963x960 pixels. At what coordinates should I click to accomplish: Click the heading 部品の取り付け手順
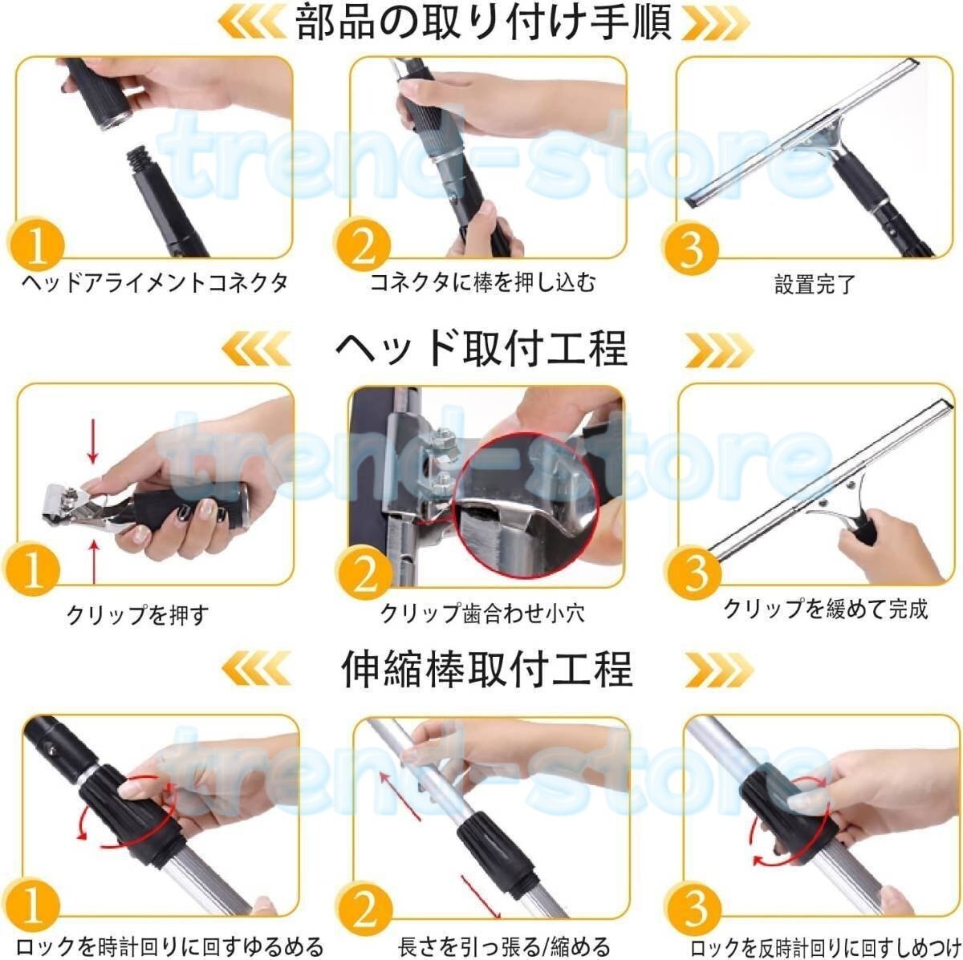click(483, 22)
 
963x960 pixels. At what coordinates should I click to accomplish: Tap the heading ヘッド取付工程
click(481, 349)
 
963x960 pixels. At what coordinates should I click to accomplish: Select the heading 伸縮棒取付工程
click(487, 670)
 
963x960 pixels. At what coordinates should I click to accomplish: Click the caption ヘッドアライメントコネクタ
click(154, 282)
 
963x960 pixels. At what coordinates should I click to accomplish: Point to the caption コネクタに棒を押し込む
click(483, 282)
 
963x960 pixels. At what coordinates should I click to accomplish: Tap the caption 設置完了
click(815, 284)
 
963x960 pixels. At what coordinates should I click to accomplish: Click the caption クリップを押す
click(137, 615)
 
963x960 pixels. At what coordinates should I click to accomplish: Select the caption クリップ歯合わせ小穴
click(482, 614)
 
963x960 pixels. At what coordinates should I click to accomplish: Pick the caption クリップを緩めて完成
click(826, 609)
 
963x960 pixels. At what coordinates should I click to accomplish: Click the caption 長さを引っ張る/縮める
click(504, 946)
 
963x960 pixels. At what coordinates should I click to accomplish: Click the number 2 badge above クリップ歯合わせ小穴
click(364, 573)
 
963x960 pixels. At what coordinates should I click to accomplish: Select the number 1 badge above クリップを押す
click(31, 569)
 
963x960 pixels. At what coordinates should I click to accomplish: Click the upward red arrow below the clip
click(93, 562)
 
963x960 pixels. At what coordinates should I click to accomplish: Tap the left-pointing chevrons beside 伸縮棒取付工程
click(256, 669)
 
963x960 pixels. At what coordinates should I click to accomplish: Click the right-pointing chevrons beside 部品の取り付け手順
click(716, 23)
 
